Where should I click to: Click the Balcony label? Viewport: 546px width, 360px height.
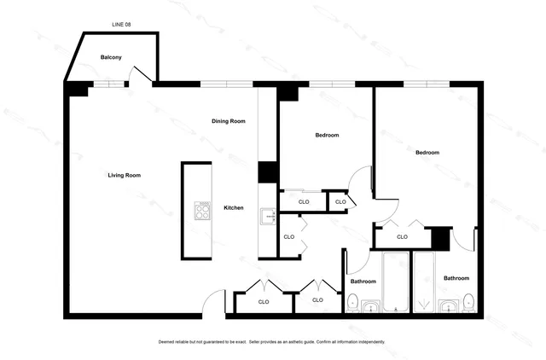coord(111,57)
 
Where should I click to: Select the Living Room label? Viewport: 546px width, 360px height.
coord(124,175)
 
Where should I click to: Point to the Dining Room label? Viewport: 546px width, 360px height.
coord(229,121)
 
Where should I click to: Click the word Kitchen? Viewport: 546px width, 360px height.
coord(234,207)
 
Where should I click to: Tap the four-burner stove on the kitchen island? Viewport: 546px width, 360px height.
coord(203,210)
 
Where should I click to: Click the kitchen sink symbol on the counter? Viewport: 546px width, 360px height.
coord(267,217)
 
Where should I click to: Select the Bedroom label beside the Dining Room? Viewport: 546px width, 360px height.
coord(327,136)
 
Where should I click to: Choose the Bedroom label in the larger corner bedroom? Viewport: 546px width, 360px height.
coord(427,153)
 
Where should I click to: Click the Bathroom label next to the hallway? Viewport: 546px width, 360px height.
coord(363,281)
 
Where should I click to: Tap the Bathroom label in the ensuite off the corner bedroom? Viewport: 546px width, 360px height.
coord(456,278)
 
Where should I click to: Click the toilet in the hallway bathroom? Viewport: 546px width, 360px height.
coord(352,301)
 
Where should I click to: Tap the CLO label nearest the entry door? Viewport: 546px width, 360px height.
coord(264,301)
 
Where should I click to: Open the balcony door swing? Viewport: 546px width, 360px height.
coord(142,75)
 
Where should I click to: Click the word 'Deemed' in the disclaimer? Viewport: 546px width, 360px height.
coord(168,341)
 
